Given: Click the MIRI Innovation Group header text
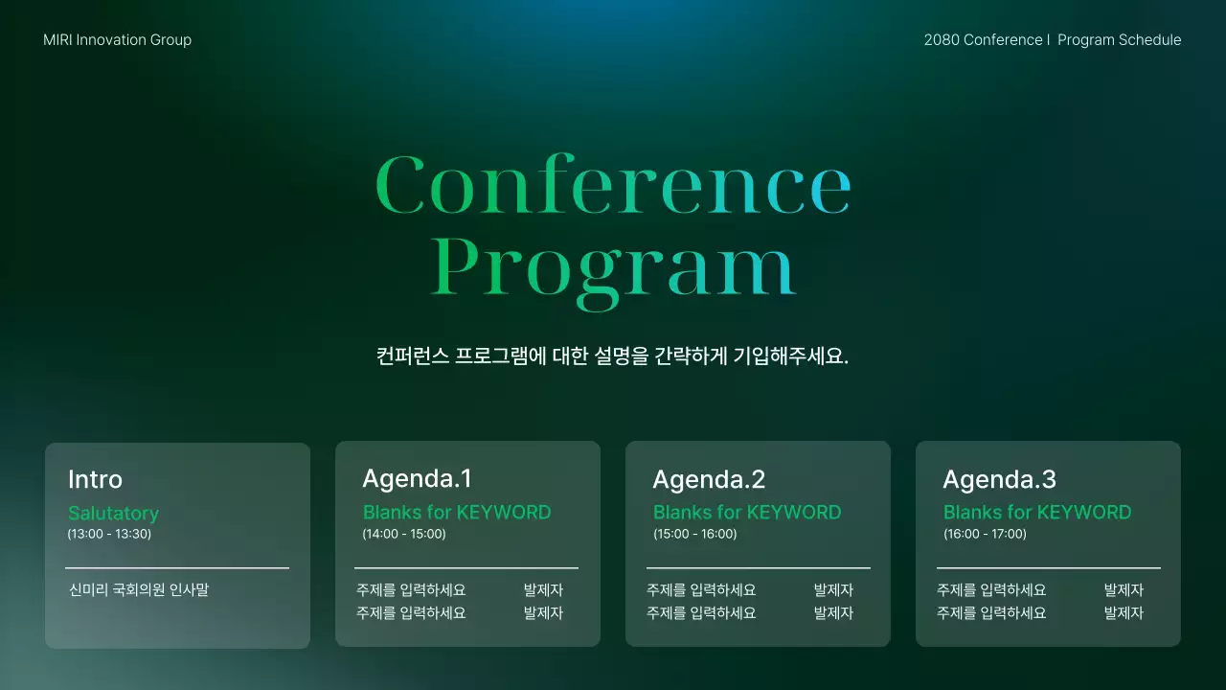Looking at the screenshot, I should pyautogui.click(x=117, y=40).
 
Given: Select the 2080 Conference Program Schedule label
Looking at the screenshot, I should pyautogui.click(x=1052, y=40).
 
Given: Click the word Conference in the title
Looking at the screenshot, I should pyautogui.click(x=613, y=187).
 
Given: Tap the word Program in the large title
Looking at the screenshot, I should pyautogui.click(x=613, y=265).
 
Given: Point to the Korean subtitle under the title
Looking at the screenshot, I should pyautogui.click(x=613, y=356).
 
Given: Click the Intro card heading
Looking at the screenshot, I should pyautogui.click(x=95, y=479).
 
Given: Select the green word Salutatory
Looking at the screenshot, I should pyautogui.click(x=113, y=514).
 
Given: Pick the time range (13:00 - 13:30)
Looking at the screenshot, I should pyautogui.click(x=109, y=534).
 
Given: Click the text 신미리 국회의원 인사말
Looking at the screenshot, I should pyautogui.click(x=139, y=590).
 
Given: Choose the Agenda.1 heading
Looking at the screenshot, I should pyautogui.click(x=417, y=478).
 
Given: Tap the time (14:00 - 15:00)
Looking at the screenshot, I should pyautogui.click(x=403, y=534).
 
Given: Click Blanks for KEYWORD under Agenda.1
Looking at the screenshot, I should pyautogui.click(x=457, y=513).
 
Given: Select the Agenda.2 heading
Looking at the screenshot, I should pyautogui.click(x=709, y=479).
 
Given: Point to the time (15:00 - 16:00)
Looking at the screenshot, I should pyautogui.click(x=694, y=534).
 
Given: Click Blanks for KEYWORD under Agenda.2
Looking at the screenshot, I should pyautogui.click(x=747, y=513).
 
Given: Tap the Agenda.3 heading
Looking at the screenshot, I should pyautogui.click(x=999, y=479).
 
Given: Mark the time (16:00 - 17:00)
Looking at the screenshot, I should pyautogui.click(x=985, y=534).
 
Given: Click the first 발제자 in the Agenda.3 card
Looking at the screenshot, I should pyautogui.click(x=1124, y=590).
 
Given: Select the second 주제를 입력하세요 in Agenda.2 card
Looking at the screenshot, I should pyautogui.click(x=701, y=613).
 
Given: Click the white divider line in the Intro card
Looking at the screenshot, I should pyautogui.click(x=177, y=568).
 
